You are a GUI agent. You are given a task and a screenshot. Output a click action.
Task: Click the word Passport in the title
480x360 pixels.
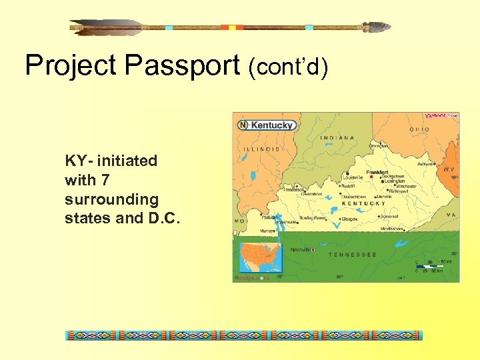[181, 65]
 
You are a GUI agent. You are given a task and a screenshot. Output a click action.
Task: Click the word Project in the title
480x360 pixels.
[71, 65]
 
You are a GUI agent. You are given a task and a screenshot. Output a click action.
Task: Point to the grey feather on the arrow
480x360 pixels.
[107, 27]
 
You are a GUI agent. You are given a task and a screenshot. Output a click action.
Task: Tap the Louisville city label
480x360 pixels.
[354, 177]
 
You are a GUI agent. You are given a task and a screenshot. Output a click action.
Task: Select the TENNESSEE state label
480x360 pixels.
[352, 255]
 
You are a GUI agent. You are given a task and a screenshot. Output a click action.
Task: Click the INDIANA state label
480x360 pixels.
[338, 138]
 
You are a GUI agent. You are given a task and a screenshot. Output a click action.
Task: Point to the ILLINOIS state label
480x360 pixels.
[261, 149]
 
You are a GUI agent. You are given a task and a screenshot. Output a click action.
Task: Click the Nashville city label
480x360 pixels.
[301, 250]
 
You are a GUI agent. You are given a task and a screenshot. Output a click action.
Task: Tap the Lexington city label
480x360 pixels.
[394, 181]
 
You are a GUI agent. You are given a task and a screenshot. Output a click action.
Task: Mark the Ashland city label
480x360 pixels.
[425, 163]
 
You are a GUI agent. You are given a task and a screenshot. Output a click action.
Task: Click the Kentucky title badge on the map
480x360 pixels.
[266, 125]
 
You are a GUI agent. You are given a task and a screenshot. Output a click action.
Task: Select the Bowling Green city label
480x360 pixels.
[311, 218]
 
